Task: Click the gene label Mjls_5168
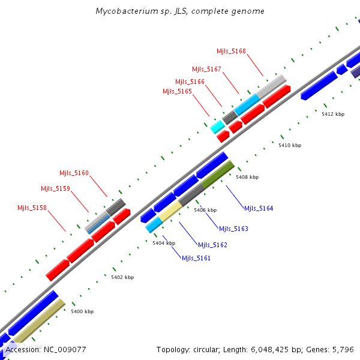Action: tap(231, 51)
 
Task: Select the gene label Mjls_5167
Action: tap(206, 69)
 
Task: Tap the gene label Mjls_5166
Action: tap(190, 82)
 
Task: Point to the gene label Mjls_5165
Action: tap(177, 91)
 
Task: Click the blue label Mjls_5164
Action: tap(259, 208)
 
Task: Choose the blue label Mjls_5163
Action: tap(233, 229)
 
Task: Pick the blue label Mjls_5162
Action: tap(212, 245)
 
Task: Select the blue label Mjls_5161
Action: tap(196, 258)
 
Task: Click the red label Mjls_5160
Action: tap(74, 173)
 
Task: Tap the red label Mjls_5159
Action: tap(55, 188)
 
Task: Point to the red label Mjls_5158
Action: tap(32, 208)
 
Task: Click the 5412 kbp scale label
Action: tap(333, 114)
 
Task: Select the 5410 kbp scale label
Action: tap(290, 145)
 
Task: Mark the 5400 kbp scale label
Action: tap(82, 311)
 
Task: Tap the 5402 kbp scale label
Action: tap(122, 277)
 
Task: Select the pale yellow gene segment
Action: tap(170, 211)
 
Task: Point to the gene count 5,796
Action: tap(343, 349)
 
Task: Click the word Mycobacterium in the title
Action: tap(123, 11)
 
